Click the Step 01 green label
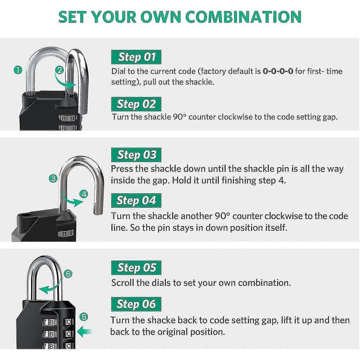(136, 57)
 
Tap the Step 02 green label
(136, 104)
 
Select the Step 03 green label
(136, 154)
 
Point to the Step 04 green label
(136, 200)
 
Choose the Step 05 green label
(136, 267)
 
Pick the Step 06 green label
(136, 304)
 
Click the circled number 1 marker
(18, 70)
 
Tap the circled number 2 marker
(59, 70)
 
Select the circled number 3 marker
(53, 178)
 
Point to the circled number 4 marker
(84, 194)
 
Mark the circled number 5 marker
(84, 317)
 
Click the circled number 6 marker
(68, 273)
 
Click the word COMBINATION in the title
(243, 17)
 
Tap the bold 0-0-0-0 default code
(278, 71)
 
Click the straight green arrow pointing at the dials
(84, 331)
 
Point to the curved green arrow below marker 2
(63, 82)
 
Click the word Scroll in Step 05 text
(123, 282)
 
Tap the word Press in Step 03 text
(121, 169)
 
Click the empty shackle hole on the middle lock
(26, 215)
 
